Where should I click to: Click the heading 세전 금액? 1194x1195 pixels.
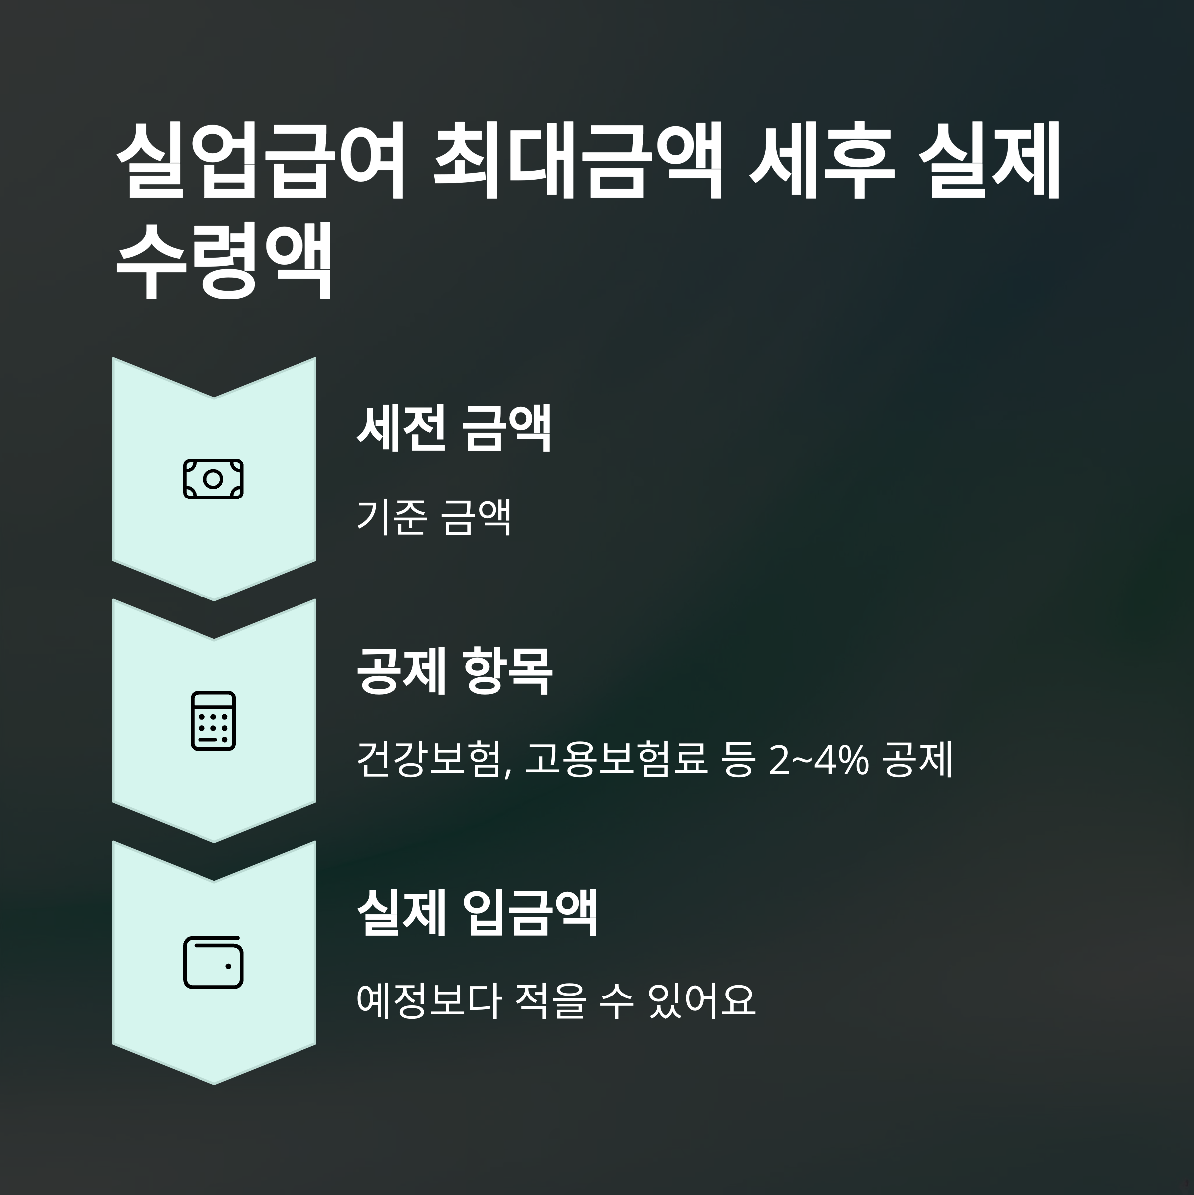pos(454,428)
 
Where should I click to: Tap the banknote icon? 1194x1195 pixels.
pos(213,479)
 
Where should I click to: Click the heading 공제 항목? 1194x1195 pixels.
pos(454,671)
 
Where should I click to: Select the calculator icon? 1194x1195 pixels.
pos(213,720)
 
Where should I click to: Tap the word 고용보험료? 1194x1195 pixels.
pos(615,760)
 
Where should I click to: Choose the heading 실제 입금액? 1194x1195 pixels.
pos(477,913)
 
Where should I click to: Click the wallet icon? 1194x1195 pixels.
pos(213,963)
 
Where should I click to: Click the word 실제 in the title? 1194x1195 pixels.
pos(990,160)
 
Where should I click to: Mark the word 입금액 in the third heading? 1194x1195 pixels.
pos(530,913)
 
